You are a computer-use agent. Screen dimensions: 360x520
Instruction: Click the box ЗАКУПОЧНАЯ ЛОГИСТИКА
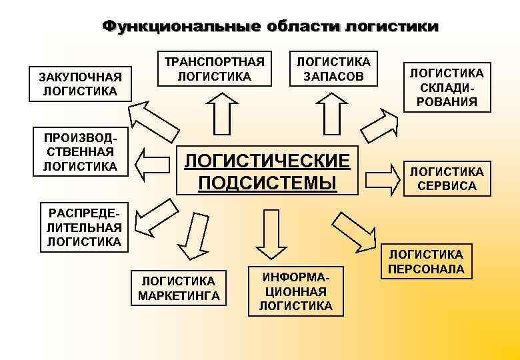81,84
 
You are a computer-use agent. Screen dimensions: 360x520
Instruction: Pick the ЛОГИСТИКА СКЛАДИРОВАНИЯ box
447,87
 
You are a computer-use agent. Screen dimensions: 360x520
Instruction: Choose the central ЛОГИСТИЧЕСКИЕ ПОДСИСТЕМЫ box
267,171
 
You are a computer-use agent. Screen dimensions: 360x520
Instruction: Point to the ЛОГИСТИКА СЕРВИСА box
447,179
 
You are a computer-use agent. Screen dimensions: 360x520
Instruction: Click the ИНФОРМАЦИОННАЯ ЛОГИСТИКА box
295,291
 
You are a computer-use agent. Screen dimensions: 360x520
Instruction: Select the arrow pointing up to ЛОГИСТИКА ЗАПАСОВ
330,113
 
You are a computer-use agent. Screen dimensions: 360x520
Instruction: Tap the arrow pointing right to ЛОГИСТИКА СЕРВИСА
382,179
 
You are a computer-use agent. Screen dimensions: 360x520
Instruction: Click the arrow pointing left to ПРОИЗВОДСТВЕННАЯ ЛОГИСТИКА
152,161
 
